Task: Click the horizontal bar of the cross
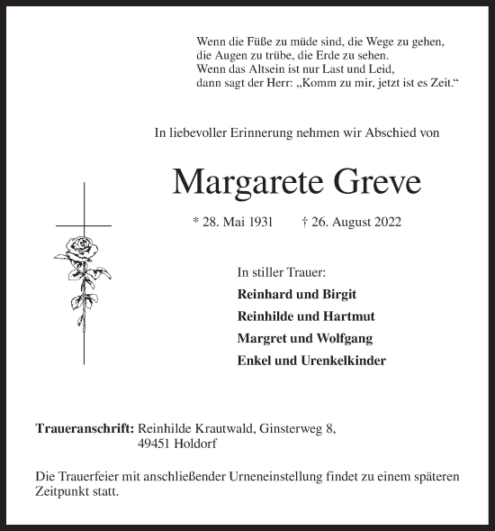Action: (x=83, y=224)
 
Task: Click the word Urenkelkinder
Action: (x=346, y=360)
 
